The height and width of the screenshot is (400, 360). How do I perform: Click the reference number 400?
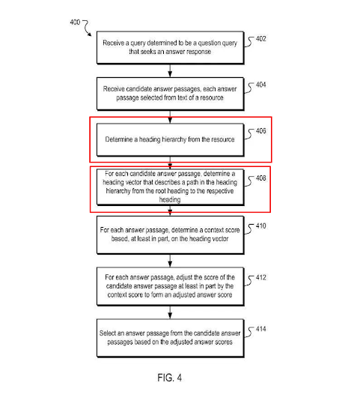pos(75,22)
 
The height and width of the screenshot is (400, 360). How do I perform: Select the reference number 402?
pos(260,38)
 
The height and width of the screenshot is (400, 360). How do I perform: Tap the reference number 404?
pos(260,85)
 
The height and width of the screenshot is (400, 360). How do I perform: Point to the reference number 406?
pos(260,131)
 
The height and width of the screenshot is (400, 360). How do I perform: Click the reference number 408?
pos(260,178)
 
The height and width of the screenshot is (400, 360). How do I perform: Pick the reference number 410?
pos(260,225)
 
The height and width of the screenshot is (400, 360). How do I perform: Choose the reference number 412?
pos(260,277)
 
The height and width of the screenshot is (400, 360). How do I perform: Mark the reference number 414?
pos(260,329)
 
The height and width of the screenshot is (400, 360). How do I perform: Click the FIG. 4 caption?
pos(170,378)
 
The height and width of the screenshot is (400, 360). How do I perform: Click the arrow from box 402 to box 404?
pos(170,70)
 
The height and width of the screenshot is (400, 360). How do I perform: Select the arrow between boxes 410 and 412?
pos(170,261)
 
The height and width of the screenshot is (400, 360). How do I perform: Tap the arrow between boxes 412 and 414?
pos(170,312)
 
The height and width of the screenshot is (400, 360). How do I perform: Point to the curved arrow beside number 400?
pos(88,28)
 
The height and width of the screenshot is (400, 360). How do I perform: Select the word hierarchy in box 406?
pos(174,139)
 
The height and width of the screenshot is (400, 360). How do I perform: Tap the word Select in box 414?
pos(108,333)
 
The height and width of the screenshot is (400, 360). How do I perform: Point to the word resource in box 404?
pos(212,97)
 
